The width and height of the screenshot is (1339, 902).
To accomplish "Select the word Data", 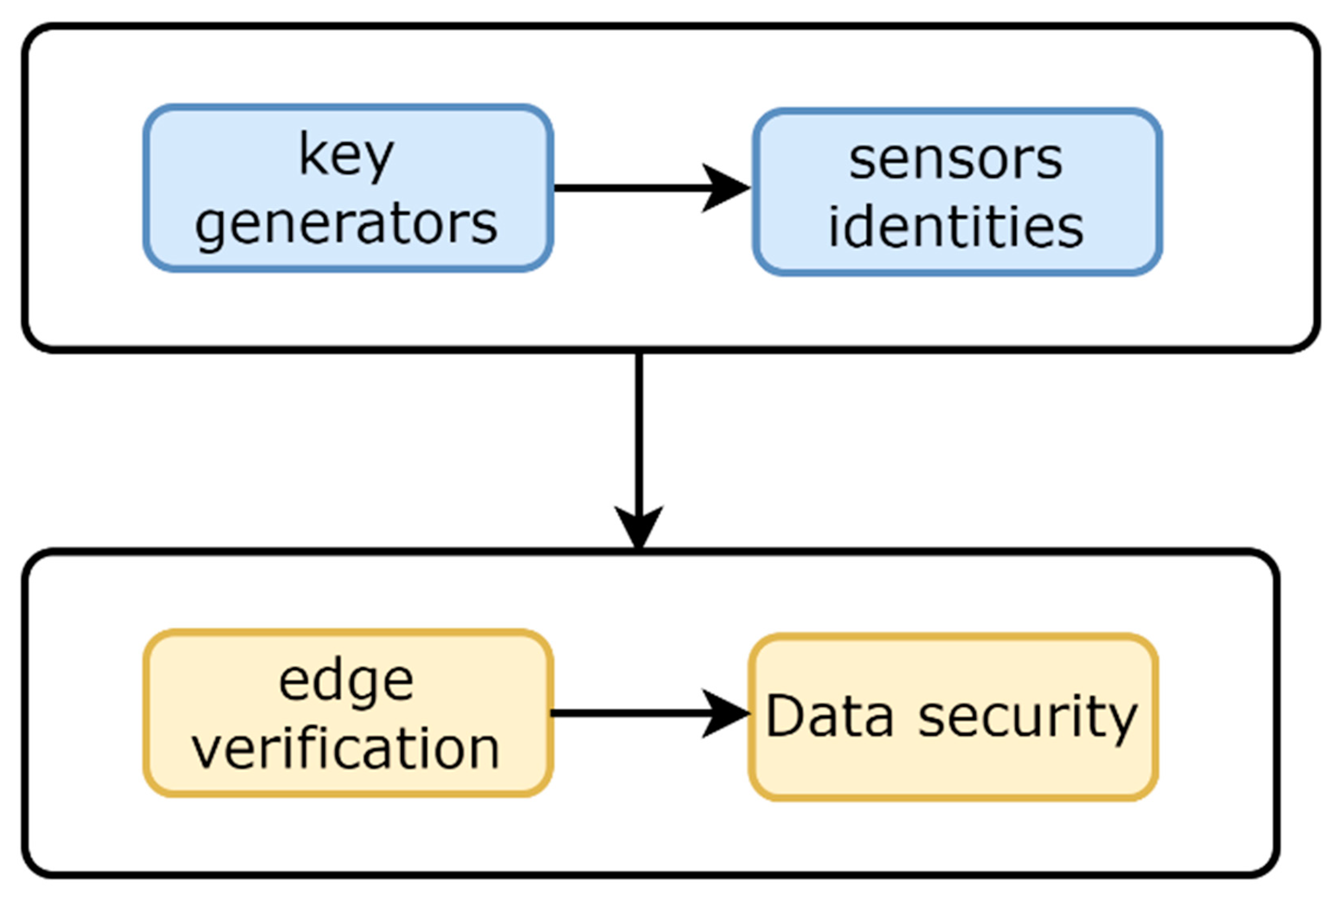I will [x=830, y=716].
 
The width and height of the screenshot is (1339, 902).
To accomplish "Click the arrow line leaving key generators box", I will [x=627, y=188].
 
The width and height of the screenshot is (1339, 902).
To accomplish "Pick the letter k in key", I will [x=311, y=153].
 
